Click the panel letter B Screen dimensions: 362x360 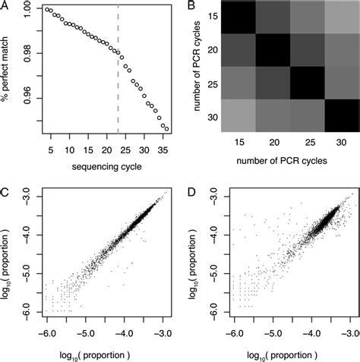point(187,6)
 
